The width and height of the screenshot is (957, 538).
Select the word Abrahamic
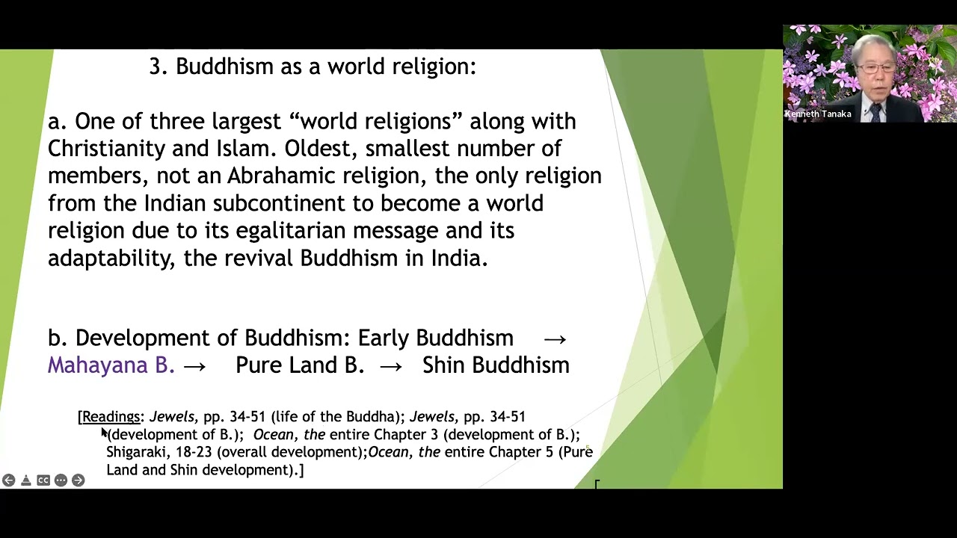(x=282, y=176)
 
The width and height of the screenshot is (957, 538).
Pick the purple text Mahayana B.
(x=111, y=365)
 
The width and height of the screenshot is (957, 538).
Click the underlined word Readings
(x=111, y=417)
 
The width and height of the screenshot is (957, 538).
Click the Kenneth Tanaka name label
(x=818, y=114)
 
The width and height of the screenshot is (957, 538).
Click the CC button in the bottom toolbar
(x=43, y=480)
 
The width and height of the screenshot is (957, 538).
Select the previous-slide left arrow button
(x=8, y=480)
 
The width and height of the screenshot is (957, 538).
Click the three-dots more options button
(x=61, y=480)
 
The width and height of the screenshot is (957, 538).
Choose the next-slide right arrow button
(x=78, y=480)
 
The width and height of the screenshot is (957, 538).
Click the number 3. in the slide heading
(x=158, y=67)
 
